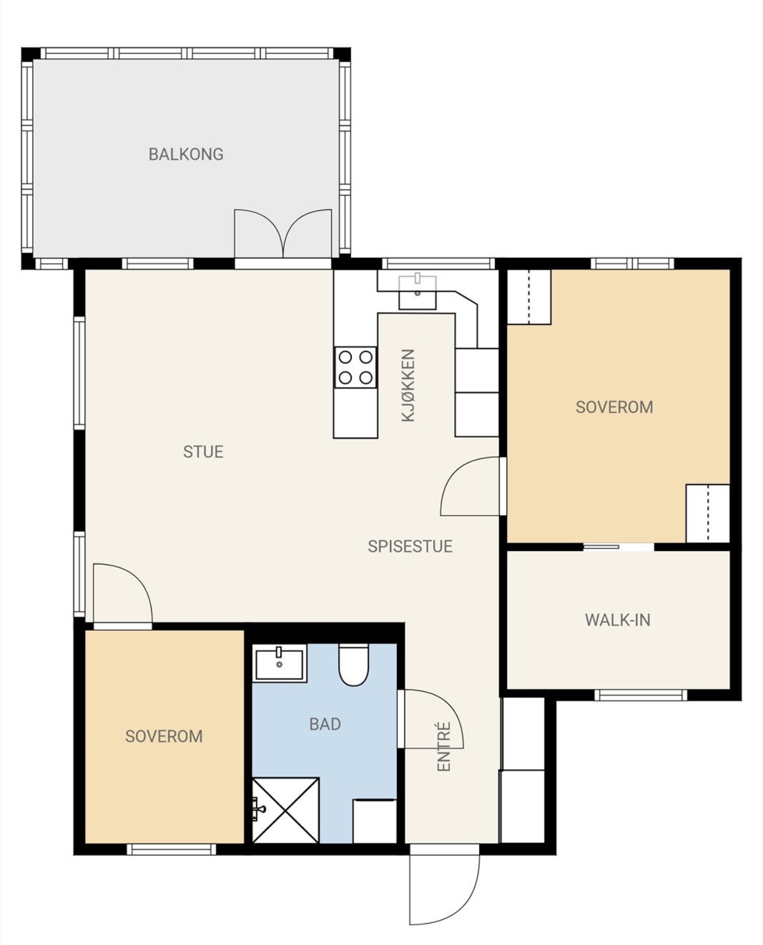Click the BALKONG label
tap(186, 155)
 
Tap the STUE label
tap(203, 452)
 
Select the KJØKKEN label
tap(408, 385)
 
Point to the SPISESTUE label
tap(411, 546)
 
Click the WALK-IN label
tap(618, 620)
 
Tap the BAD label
tap(325, 724)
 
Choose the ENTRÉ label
tap(444, 746)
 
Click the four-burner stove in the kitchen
tap(355, 368)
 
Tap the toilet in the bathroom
tap(354, 665)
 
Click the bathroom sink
tap(279, 663)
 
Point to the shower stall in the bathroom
tap(286, 810)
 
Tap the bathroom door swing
tap(433, 719)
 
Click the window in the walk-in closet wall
tap(641, 695)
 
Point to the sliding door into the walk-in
tap(619, 547)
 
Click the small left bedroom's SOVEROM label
tap(164, 736)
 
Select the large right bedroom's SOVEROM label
tap(614, 407)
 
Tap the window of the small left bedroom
tap(171, 849)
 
